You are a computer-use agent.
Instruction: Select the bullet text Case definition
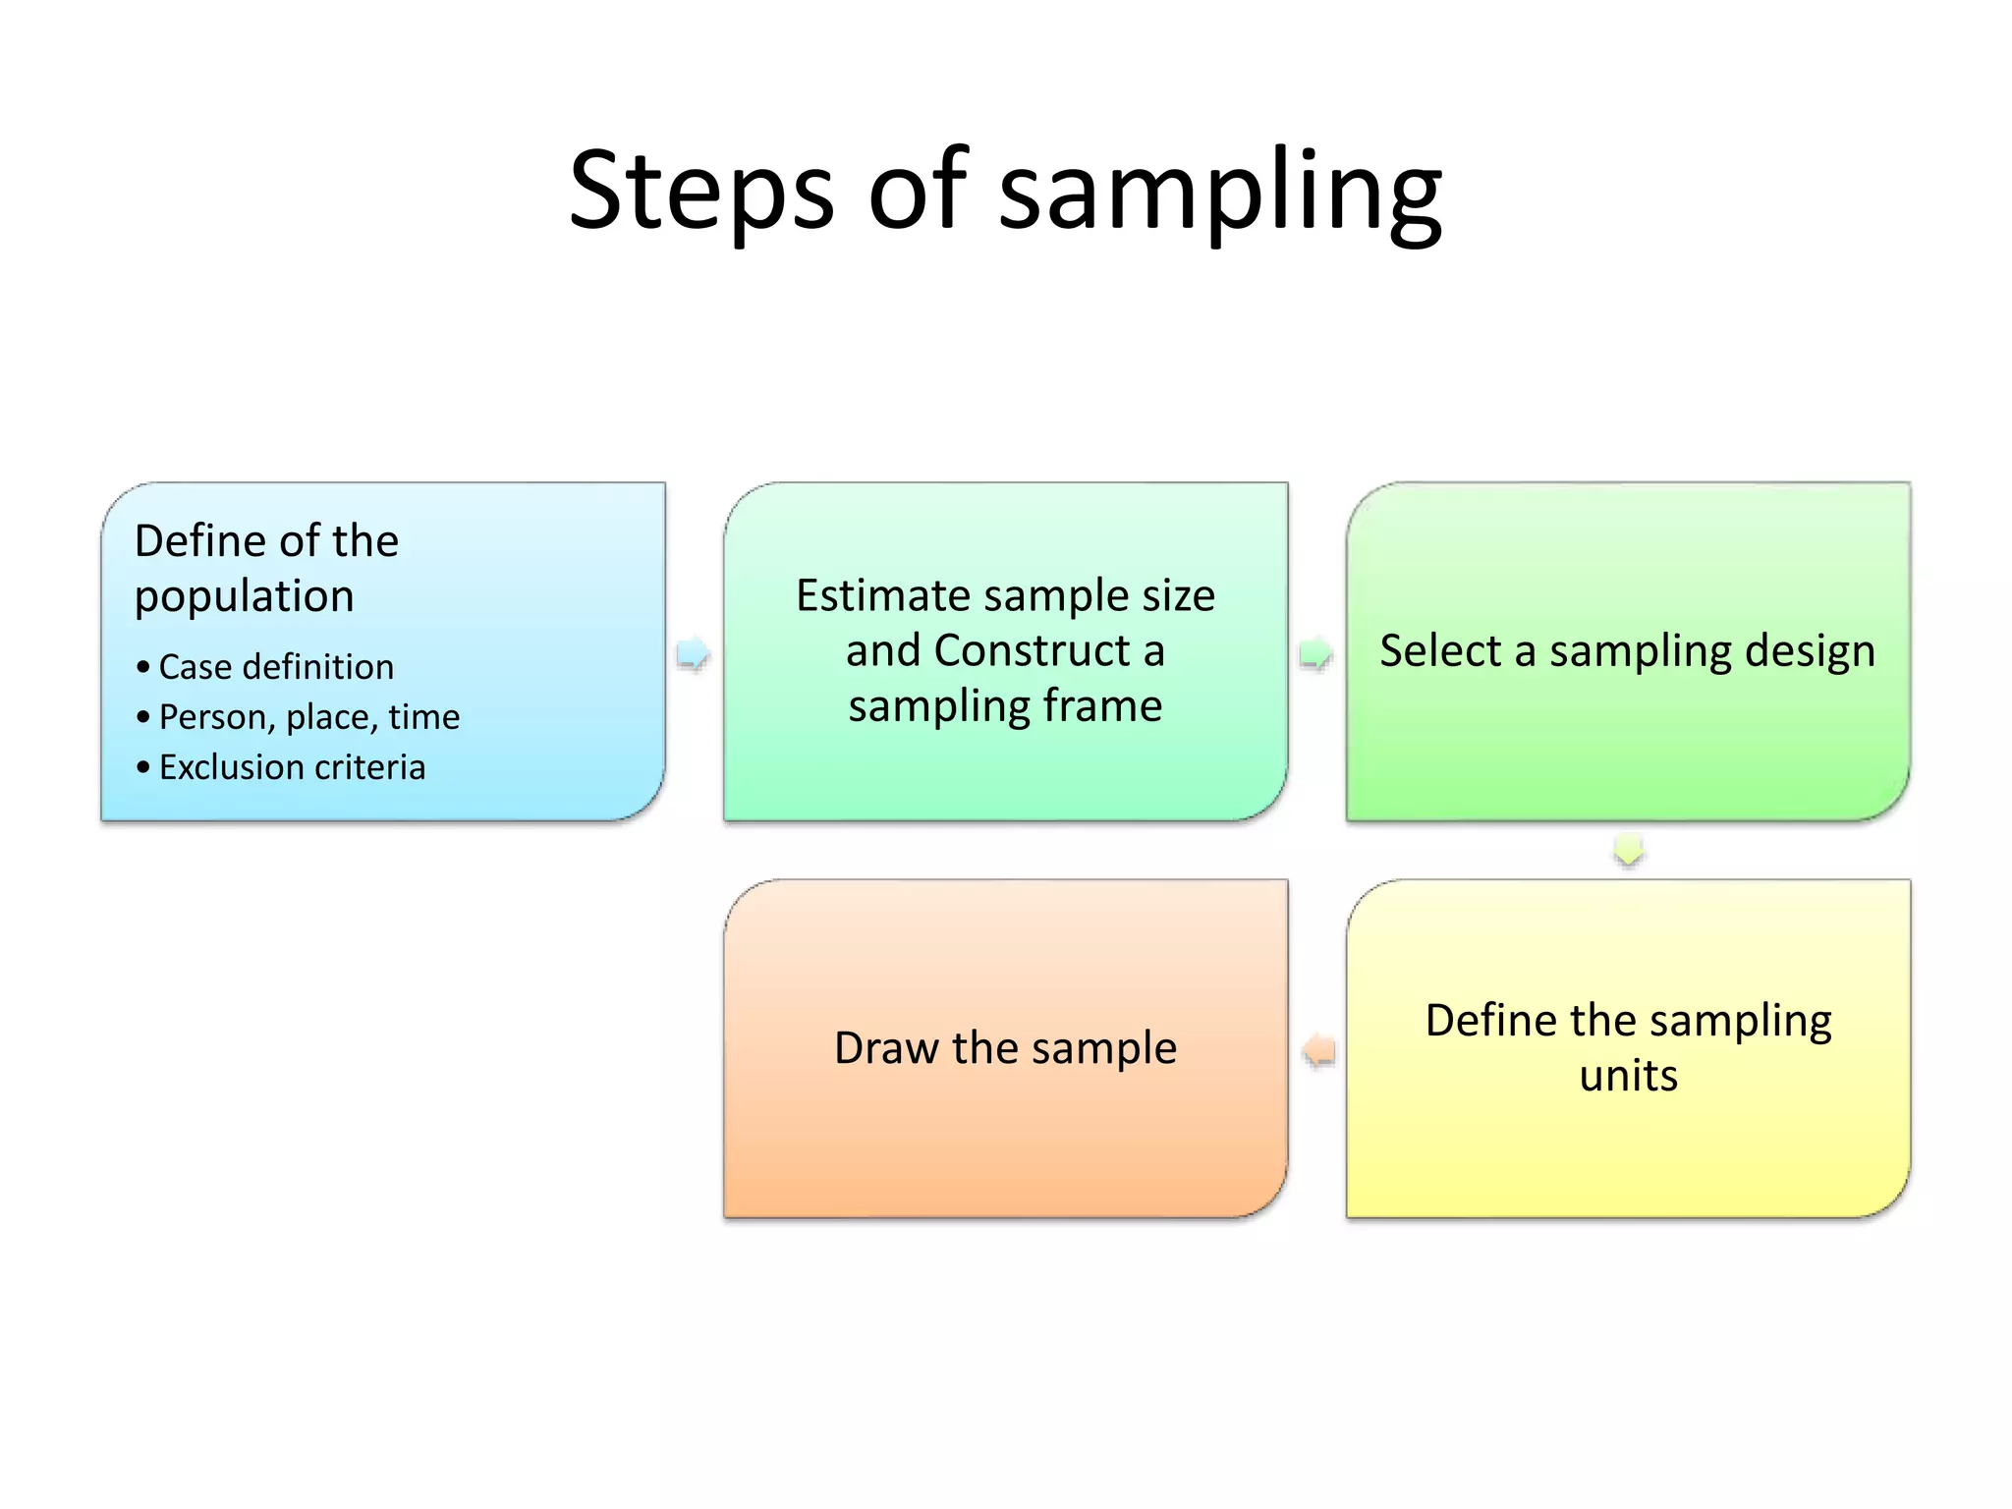[276, 667]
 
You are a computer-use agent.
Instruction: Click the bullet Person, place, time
[308, 717]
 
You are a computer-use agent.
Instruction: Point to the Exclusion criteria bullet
[292, 767]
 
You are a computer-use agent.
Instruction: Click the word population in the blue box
[244, 597]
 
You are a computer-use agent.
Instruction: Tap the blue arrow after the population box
[694, 653]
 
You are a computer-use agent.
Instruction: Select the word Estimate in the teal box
[883, 595]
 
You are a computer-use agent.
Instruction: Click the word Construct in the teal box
[1032, 650]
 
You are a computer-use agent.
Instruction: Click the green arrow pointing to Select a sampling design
[1315, 653]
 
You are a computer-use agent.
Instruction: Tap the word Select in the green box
[1439, 650]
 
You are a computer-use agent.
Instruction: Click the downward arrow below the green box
[1628, 850]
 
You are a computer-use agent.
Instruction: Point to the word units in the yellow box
[1628, 1076]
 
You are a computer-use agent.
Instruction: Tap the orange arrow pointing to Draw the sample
[1319, 1050]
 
